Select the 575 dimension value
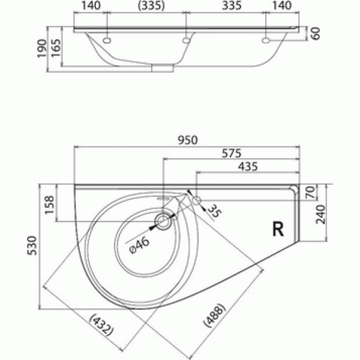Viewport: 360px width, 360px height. coord(230,154)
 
